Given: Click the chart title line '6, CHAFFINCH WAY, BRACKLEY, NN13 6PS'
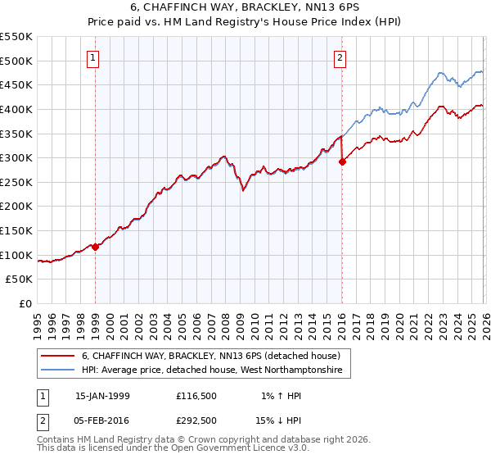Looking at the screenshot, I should [x=245, y=9].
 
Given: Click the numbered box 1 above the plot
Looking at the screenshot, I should [x=94, y=57].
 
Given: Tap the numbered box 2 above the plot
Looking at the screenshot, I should [x=340, y=57].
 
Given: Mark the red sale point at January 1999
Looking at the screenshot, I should [x=95, y=247].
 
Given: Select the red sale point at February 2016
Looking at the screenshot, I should [x=342, y=161].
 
